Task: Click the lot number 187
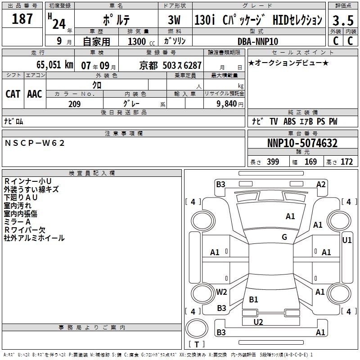pyautogui.click(x=22, y=19)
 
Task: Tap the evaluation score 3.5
pyautogui.click(x=342, y=21)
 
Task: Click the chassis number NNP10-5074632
pyautogui.click(x=302, y=143)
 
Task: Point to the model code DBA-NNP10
pyautogui.click(x=258, y=41)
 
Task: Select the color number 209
pyautogui.click(x=74, y=104)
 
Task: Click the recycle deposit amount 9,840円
pyautogui.click(x=230, y=104)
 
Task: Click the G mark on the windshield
pyautogui.click(x=284, y=237)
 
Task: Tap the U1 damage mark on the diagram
pyautogui.click(x=347, y=240)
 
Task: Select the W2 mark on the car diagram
pyautogui.click(x=221, y=292)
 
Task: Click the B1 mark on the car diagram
pyautogui.click(x=254, y=299)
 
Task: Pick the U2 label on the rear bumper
pyautogui.click(x=258, y=322)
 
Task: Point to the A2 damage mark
pyautogui.click(x=321, y=184)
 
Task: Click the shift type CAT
pyautogui.click(x=13, y=94)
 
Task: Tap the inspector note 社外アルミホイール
pyautogui.click(x=34, y=238)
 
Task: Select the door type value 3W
pyautogui.click(x=174, y=21)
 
